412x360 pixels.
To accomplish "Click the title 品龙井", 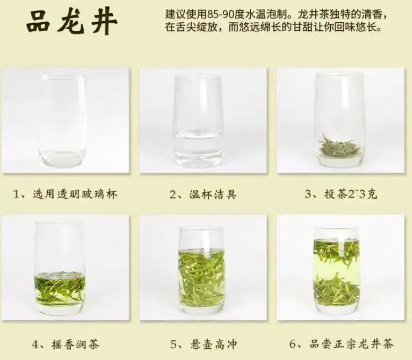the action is [x=72, y=22].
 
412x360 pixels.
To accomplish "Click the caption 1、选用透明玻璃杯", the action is [x=65, y=194].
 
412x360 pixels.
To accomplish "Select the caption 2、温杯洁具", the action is [x=203, y=194].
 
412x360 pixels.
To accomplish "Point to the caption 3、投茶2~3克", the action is [x=341, y=194].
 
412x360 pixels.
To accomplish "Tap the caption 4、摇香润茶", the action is [x=66, y=344].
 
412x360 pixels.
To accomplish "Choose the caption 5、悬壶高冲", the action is [x=204, y=344].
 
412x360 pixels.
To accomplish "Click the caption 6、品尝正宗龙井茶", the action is [x=341, y=344].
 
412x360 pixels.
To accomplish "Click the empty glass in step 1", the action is [x=63, y=121].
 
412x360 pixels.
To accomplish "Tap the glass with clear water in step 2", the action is [x=198, y=122].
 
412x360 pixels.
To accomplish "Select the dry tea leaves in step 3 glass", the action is [x=340, y=146].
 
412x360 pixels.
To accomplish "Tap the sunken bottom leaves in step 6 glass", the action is [x=337, y=289].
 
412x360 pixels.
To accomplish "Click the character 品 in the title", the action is [x=38, y=22].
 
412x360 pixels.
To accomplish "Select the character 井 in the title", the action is [x=104, y=23].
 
